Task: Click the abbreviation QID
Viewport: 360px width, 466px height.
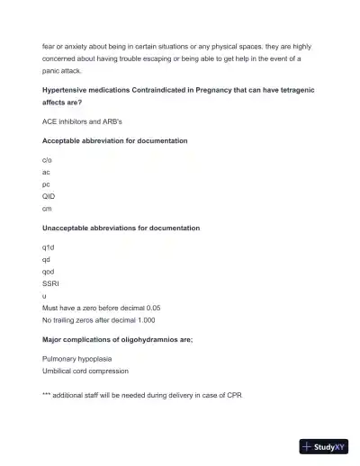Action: tap(49, 195)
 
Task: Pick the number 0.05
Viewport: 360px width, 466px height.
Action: tap(150, 308)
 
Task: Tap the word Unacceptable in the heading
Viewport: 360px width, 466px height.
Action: tap(67, 228)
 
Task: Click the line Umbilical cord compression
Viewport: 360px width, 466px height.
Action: tap(85, 371)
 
